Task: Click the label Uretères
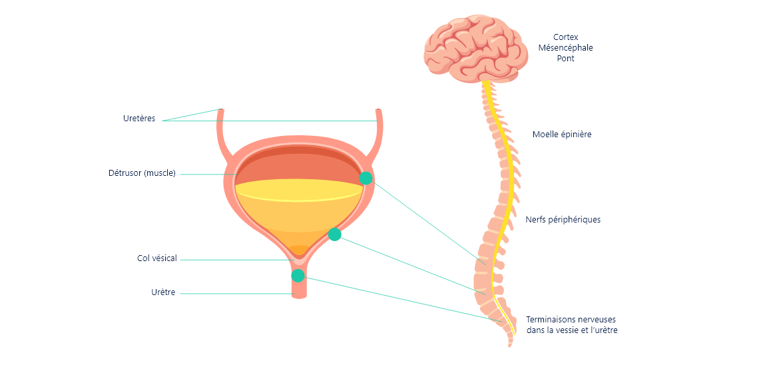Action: pyautogui.click(x=139, y=119)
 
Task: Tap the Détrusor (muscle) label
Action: pyautogui.click(x=142, y=173)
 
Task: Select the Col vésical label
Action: pyautogui.click(x=157, y=258)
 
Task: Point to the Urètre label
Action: pyautogui.click(x=163, y=292)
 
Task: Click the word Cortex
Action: pyautogui.click(x=566, y=37)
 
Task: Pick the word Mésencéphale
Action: pyautogui.click(x=566, y=48)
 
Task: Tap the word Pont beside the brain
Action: pyautogui.click(x=566, y=59)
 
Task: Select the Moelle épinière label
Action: pyautogui.click(x=562, y=135)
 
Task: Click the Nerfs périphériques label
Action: pyautogui.click(x=563, y=219)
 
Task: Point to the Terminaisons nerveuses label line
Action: pyautogui.click(x=571, y=319)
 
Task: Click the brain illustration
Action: pyautogui.click(x=475, y=49)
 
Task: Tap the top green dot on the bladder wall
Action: pyautogui.click(x=366, y=178)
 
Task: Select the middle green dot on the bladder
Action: pyautogui.click(x=335, y=234)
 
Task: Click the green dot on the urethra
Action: pyautogui.click(x=298, y=275)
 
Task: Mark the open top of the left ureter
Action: pyautogui.click(x=221, y=111)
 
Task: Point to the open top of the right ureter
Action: pyautogui.click(x=379, y=111)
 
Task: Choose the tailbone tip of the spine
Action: pyautogui.click(x=510, y=344)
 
